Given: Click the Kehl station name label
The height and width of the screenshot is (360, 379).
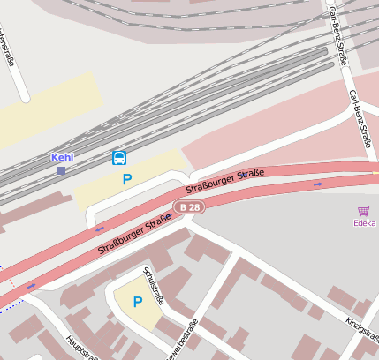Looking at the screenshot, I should (62, 157).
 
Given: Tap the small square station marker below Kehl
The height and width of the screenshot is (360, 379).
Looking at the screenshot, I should (61, 170).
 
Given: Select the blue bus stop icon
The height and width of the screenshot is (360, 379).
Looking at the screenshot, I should (119, 158).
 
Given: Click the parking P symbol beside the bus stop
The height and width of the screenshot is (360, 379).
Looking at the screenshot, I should (127, 179).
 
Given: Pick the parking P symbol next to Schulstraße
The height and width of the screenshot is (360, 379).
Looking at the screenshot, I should (137, 302).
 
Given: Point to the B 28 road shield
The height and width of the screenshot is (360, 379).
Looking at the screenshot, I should (188, 206).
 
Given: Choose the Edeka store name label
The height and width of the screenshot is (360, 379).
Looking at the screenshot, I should (364, 223).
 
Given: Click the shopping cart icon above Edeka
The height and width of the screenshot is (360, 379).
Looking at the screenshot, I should (364, 211).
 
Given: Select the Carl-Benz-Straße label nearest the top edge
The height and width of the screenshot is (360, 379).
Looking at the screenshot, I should (337, 35).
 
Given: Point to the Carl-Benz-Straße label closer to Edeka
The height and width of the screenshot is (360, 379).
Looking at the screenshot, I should (360, 117).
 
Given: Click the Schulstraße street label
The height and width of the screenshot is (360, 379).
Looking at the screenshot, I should (153, 285).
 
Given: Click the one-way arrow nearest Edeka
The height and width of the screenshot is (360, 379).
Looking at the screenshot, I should (318, 184).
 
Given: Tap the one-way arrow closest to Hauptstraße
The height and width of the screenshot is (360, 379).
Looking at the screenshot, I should (32, 286).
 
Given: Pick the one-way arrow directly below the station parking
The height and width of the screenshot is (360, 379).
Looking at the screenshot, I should (99, 229).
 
